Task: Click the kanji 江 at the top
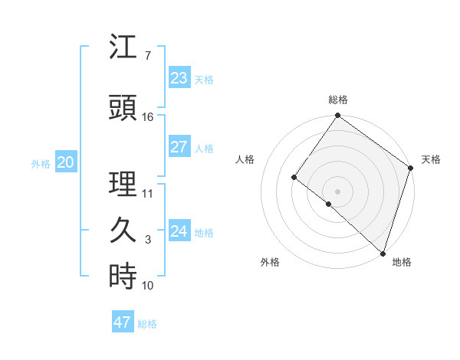[x=123, y=47]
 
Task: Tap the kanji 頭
[x=123, y=108]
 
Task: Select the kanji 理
[x=123, y=185]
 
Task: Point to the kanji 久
[x=123, y=230]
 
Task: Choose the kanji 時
[x=123, y=276]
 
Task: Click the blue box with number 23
[x=179, y=78]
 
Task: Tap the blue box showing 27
[x=179, y=147]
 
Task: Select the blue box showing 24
[x=179, y=231]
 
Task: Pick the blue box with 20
[x=66, y=162]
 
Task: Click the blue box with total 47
[x=123, y=322]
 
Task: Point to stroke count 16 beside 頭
[x=147, y=116]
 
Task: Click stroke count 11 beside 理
[x=147, y=193]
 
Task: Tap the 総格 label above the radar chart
[x=338, y=100]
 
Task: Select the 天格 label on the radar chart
[x=431, y=159]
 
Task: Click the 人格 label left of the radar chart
[x=245, y=159]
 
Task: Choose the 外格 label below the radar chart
[x=269, y=262]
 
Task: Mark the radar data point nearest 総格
[x=337, y=116]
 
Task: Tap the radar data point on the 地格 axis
[x=383, y=253]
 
